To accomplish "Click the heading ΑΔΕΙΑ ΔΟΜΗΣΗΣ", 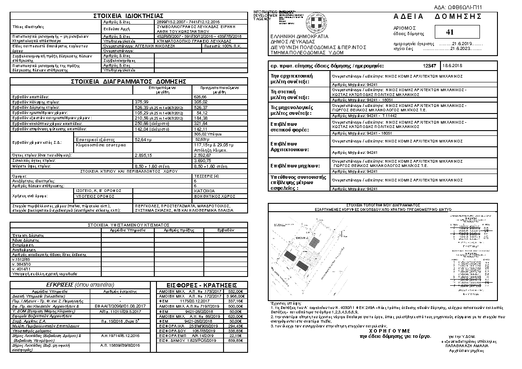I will [x=438, y=17].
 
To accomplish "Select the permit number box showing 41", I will [x=449, y=32].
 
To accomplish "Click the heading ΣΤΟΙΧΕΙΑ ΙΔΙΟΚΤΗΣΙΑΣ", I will [x=128, y=16].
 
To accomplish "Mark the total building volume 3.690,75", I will [x=202, y=160].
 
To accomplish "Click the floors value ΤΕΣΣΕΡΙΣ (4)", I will [x=203, y=175].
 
